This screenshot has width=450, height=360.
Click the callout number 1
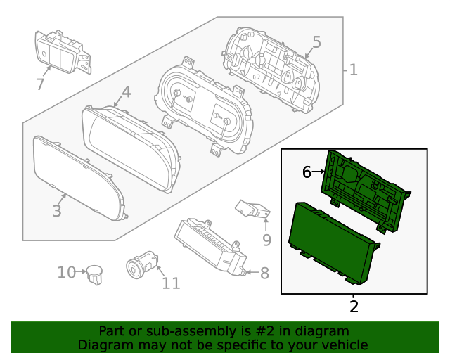353,70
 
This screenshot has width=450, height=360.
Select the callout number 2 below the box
354,306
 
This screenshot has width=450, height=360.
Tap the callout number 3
57,210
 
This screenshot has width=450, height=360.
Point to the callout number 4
126,91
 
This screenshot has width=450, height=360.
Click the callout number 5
316,42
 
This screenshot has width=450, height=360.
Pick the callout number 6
307,172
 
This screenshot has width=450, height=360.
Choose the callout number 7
40,85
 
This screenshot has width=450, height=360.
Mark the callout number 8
264,273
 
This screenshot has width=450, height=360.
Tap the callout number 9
266,240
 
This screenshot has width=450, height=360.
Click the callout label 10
67,272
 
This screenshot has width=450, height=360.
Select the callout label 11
171,283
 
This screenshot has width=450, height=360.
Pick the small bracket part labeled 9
253,209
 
